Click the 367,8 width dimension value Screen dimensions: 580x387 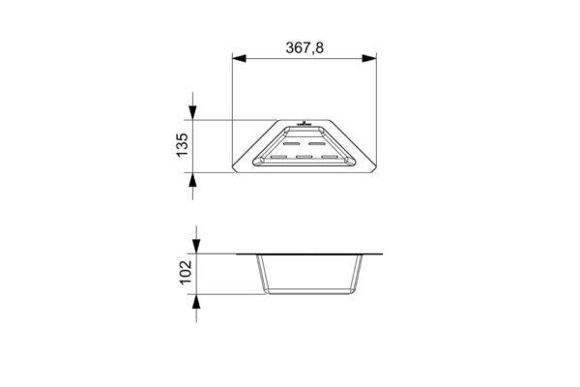(304, 47)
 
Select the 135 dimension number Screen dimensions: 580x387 (183, 145)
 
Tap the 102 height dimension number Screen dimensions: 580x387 (186, 272)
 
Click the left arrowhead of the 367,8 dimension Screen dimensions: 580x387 (239, 58)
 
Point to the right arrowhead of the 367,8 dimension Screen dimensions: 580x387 (369, 58)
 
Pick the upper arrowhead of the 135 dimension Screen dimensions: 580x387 (192, 112)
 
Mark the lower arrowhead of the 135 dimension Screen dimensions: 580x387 (192, 180)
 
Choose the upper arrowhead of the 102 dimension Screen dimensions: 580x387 (196, 247)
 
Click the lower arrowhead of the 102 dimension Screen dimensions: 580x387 (196, 302)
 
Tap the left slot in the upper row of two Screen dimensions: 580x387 (292, 143)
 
